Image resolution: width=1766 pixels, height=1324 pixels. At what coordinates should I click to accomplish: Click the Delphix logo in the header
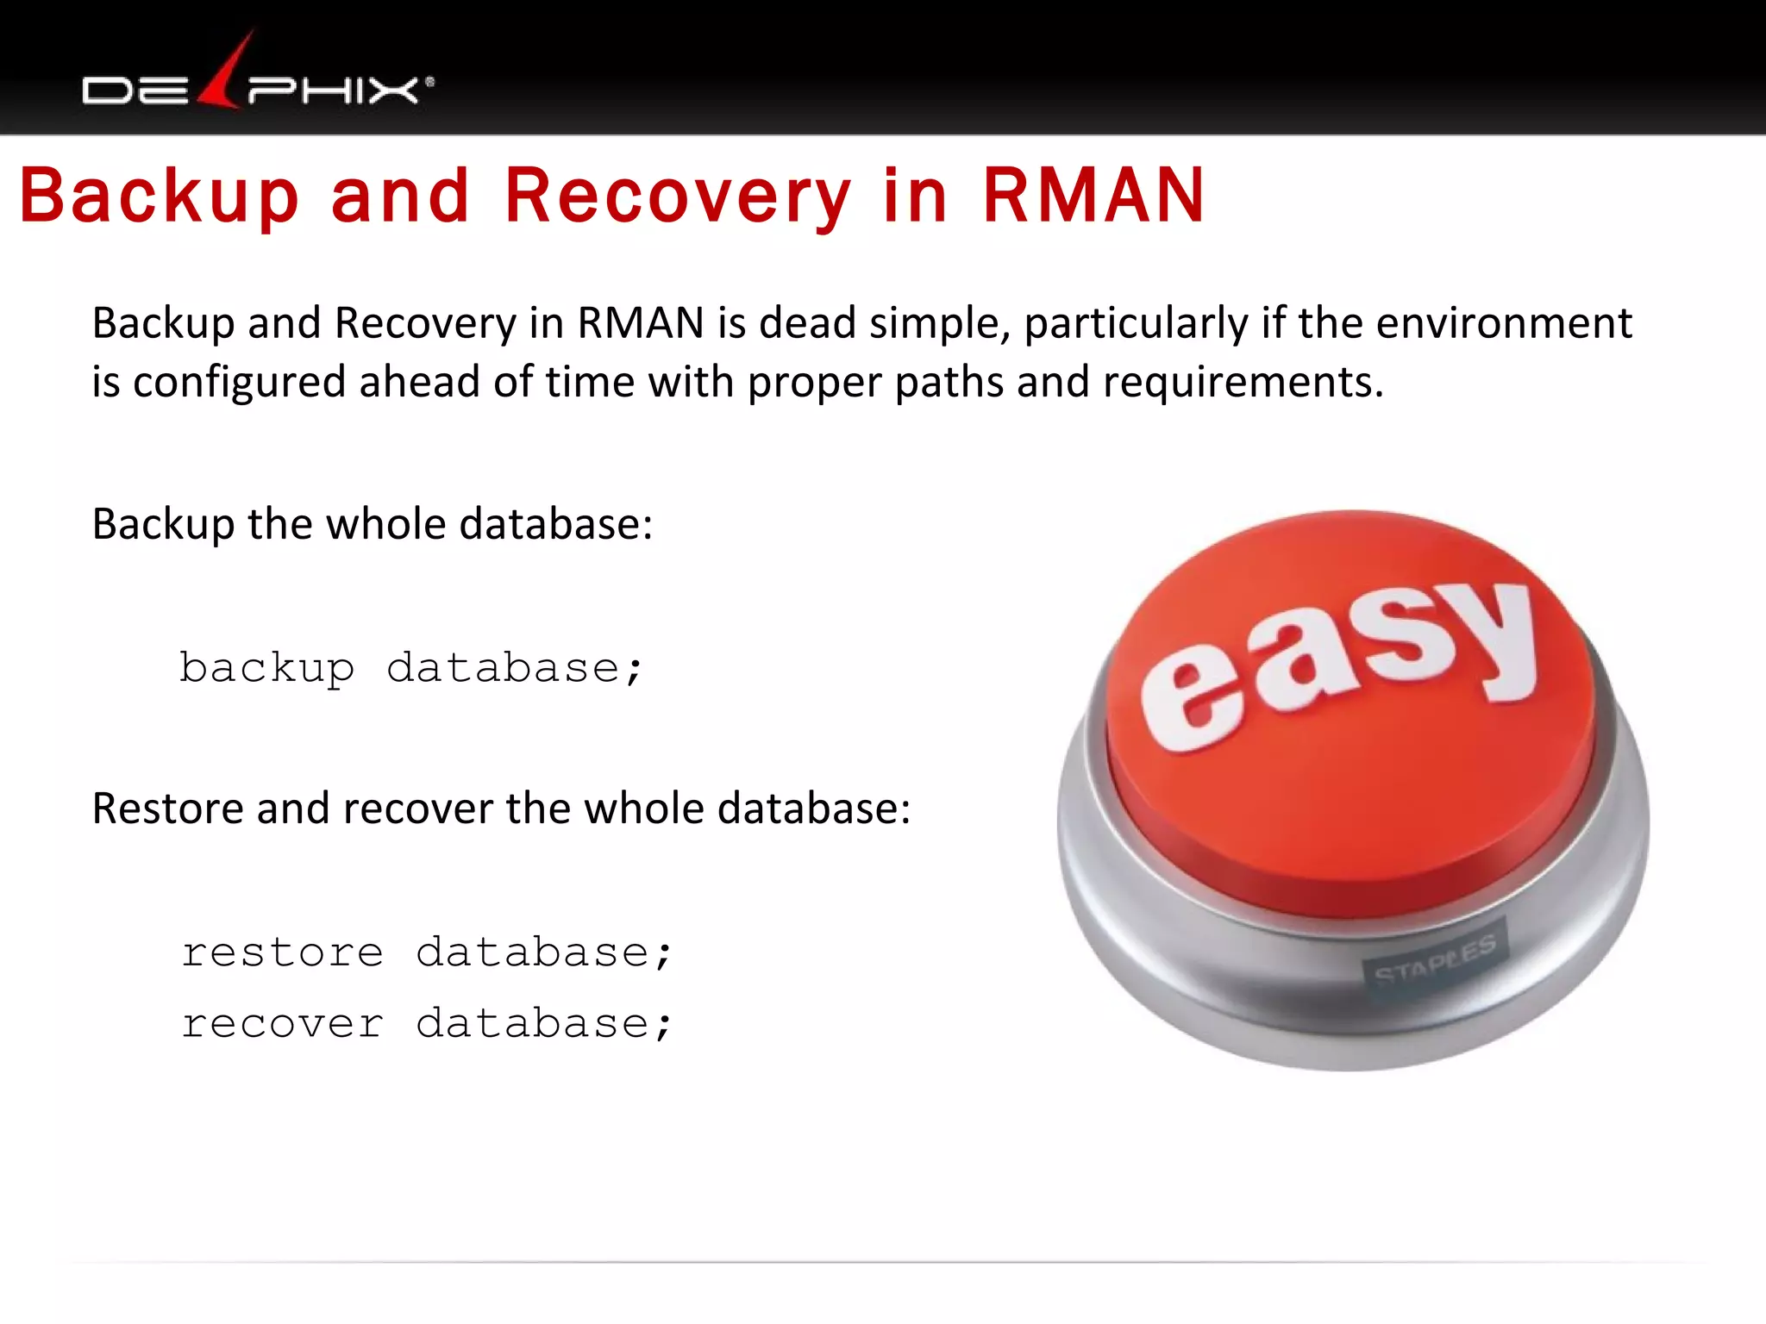[x=257, y=82]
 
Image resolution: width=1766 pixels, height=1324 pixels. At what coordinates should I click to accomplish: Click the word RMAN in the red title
[x=1093, y=197]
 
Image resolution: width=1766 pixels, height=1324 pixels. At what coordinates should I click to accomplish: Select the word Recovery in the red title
[x=678, y=197]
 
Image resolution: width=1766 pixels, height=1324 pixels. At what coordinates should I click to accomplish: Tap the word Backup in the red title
[x=160, y=197]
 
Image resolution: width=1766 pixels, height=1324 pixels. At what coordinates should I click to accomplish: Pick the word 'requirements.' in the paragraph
[x=1243, y=382]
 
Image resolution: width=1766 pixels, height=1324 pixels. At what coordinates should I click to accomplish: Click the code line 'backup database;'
[x=411, y=669]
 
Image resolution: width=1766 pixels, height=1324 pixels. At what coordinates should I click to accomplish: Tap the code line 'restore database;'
[x=426, y=953]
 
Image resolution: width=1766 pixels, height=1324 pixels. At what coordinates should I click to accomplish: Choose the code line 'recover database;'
[x=426, y=1024]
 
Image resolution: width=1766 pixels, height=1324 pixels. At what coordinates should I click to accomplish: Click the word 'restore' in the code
[x=282, y=953]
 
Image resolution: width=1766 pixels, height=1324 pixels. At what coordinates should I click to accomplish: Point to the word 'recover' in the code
[x=282, y=1024]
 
